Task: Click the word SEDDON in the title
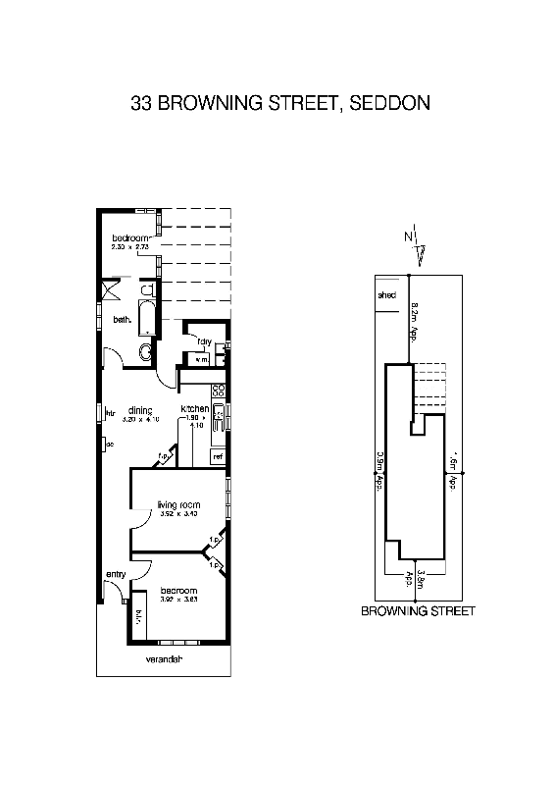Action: click(387, 102)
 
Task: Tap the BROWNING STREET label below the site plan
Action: click(419, 610)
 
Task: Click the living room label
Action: click(178, 504)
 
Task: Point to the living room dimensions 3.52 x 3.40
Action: click(178, 514)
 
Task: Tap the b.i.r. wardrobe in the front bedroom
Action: click(138, 616)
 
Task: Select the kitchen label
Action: click(194, 408)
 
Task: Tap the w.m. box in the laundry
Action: click(202, 360)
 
